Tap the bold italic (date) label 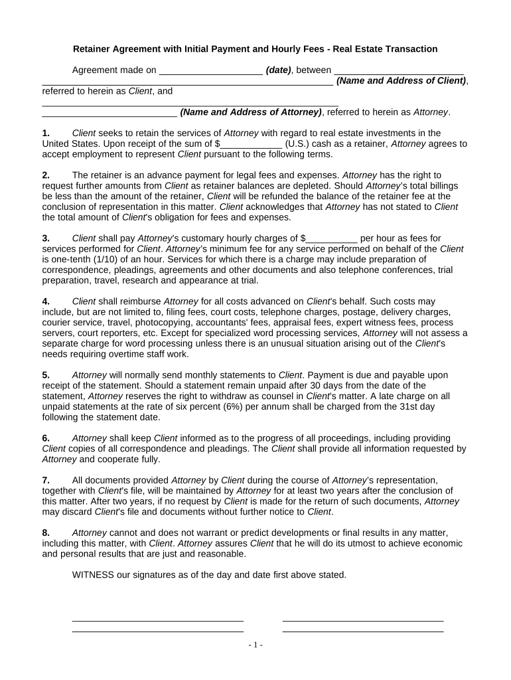click(278, 70)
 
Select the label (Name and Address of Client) click(402, 80)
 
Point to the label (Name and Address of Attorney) click(252, 112)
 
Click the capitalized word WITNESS click(93, 575)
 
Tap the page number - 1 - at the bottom click(256, 645)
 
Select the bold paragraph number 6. click(46, 438)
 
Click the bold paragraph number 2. click(46, 175)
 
